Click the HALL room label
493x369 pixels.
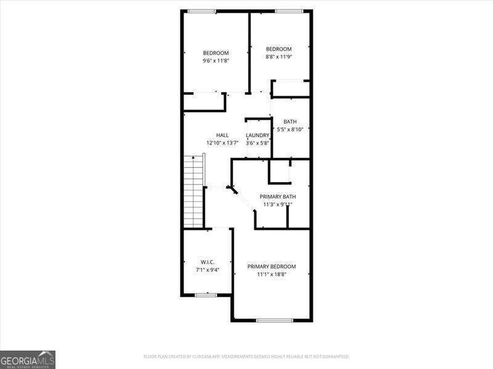click(222, 135)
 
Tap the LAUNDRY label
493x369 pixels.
click(258, 135)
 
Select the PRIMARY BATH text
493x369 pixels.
click(277, 197)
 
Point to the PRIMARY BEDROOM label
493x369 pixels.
click(272, 266)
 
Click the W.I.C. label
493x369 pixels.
click(207, 262)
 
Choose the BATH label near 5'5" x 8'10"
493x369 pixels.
click(290, 122)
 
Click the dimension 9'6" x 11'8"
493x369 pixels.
click(216, 61)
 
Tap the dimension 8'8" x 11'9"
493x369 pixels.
click(279, 57)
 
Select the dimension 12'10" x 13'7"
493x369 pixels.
click(222, 143)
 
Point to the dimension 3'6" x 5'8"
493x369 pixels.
click(258, 143)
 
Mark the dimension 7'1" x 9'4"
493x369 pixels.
click(207, 269)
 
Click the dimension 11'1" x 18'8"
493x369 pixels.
click(272, 274)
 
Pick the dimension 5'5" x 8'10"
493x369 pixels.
click(290, 130)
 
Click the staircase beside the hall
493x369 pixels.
click(194, 191)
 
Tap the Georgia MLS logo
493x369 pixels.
click(28, 359)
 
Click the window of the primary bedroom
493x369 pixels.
click(274, 320)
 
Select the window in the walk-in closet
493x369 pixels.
click(206, 295)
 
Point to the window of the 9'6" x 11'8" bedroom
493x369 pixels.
click(202, 10)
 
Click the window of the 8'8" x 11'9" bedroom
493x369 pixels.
click(288, 10)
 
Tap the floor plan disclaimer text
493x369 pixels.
click(246, 357)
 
